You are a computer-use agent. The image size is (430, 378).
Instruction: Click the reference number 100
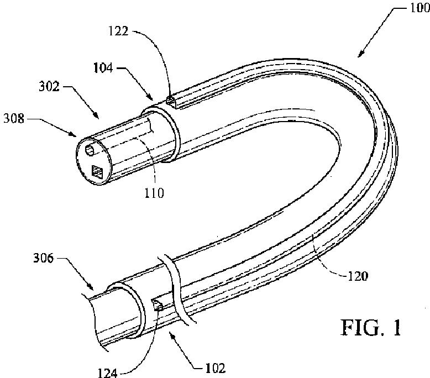click(x=416, y=11)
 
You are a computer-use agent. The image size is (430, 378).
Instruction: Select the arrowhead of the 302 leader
click(x=98, y=117)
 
